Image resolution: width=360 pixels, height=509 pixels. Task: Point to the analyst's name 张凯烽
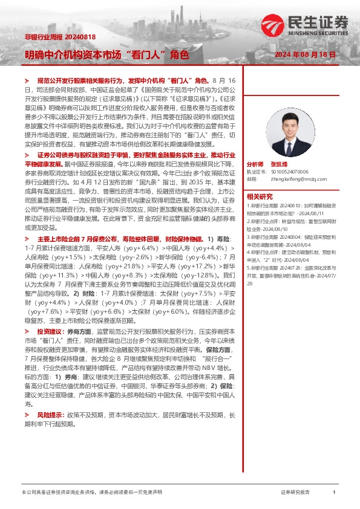(280, 164)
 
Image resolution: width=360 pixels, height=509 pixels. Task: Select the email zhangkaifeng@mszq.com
(295, 179)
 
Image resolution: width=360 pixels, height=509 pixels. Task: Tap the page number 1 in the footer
(334, 493)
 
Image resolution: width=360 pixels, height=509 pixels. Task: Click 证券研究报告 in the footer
(296, 493)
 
